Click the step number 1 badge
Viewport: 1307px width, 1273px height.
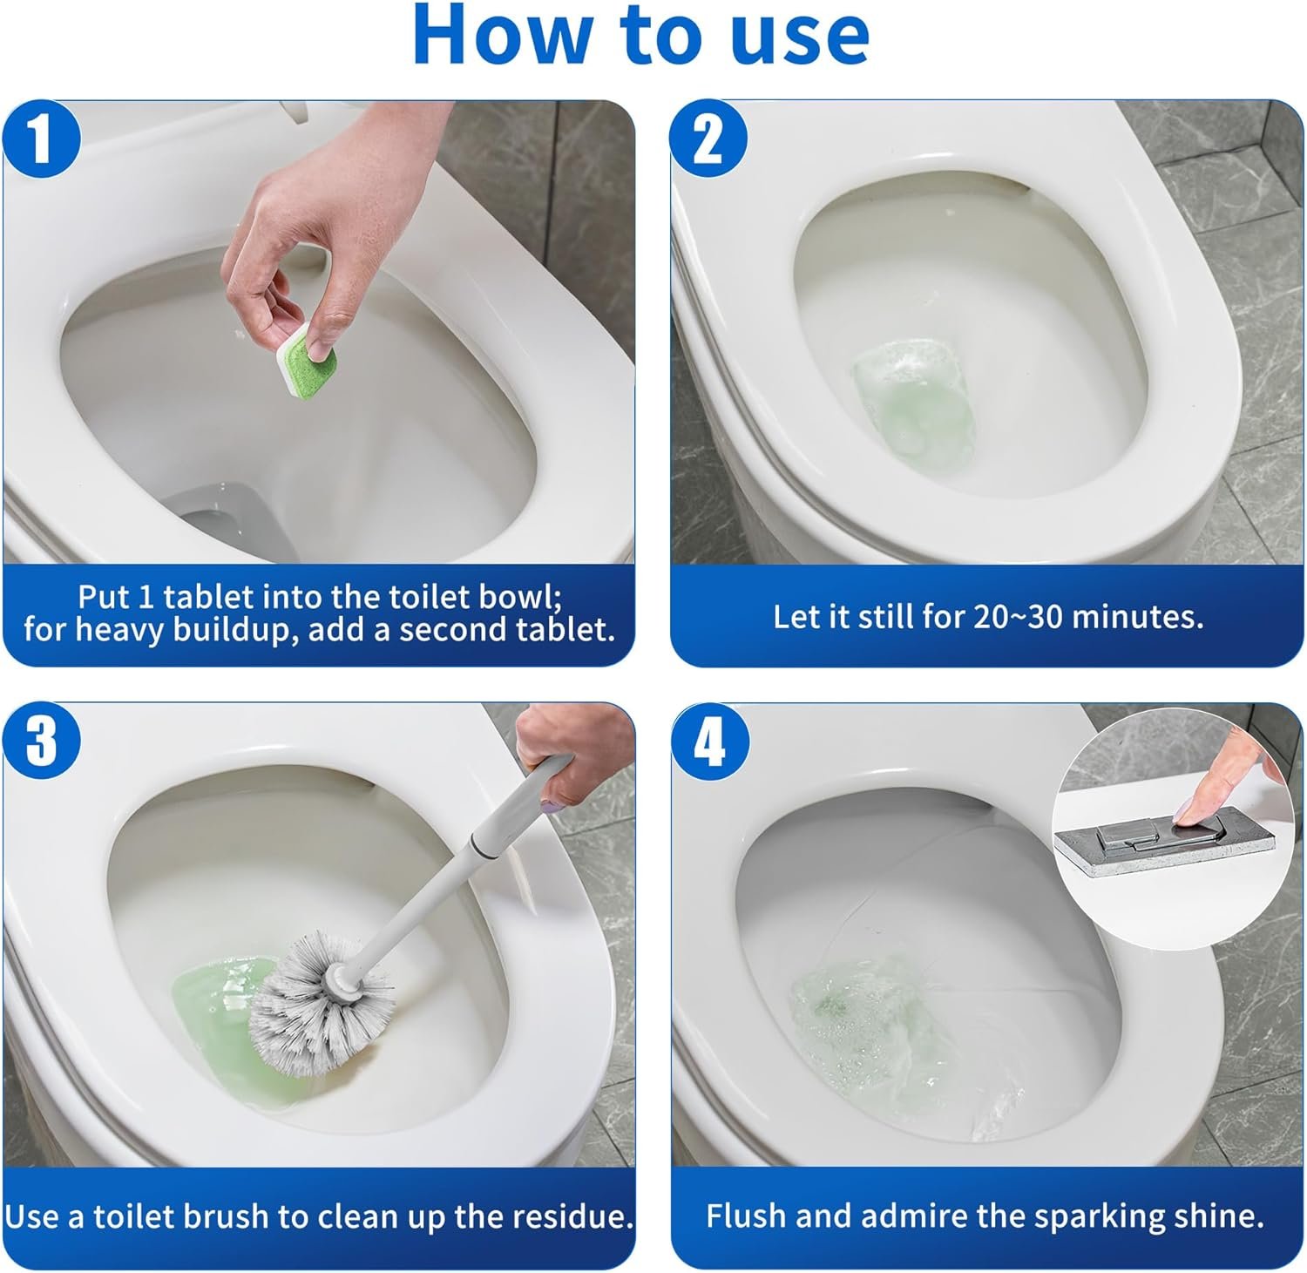click(42, 139)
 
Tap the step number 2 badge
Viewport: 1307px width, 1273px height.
click(709, 139)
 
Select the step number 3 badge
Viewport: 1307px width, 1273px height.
click(42, 741)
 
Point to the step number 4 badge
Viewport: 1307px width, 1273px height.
click(709, 741)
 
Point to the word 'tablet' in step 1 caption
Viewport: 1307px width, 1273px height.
click(210, 597)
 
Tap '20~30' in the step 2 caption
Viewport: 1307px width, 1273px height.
click(1018, 617)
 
